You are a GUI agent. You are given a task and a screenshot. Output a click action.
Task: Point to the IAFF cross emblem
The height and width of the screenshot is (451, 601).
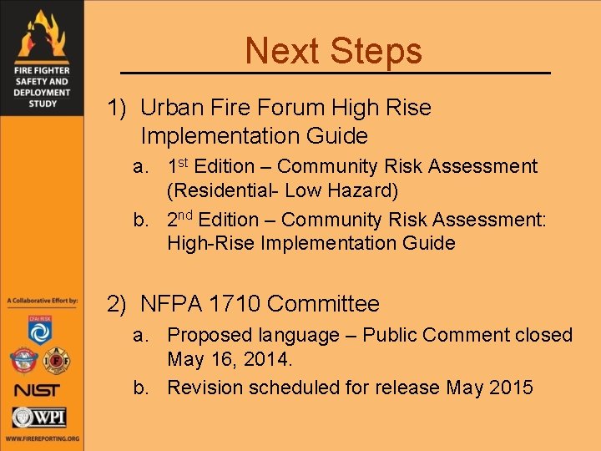coord(57,361)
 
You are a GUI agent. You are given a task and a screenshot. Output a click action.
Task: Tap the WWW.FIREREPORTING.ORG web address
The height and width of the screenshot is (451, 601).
coord(41,438)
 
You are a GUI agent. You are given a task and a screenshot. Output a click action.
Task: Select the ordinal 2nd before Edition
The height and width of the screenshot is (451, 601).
coord(181,219)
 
